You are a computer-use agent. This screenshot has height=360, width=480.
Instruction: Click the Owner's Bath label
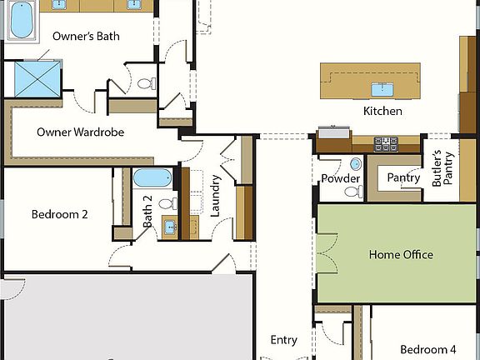point(86,36)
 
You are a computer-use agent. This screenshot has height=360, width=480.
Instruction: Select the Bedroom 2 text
point(60,214)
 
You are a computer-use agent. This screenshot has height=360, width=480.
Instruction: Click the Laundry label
point(215,196)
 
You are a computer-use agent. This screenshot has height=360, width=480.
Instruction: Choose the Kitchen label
point(382,111)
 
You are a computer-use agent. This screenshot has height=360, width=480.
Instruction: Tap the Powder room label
point(340,178)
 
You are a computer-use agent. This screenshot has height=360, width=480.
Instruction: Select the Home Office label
point(401,255)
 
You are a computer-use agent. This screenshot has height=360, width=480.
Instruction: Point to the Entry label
point(284,340)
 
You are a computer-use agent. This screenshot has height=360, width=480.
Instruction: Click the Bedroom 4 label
point(427,349)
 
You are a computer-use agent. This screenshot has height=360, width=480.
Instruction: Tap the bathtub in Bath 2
point(152,177)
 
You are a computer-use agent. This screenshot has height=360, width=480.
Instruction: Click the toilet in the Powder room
point(352,192)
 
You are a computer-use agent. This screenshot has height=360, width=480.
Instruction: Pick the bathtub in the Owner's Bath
point(22,21)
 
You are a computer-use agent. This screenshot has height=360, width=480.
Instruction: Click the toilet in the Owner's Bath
point(146,84)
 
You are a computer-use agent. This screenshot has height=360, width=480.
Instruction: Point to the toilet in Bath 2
point(165,203)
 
